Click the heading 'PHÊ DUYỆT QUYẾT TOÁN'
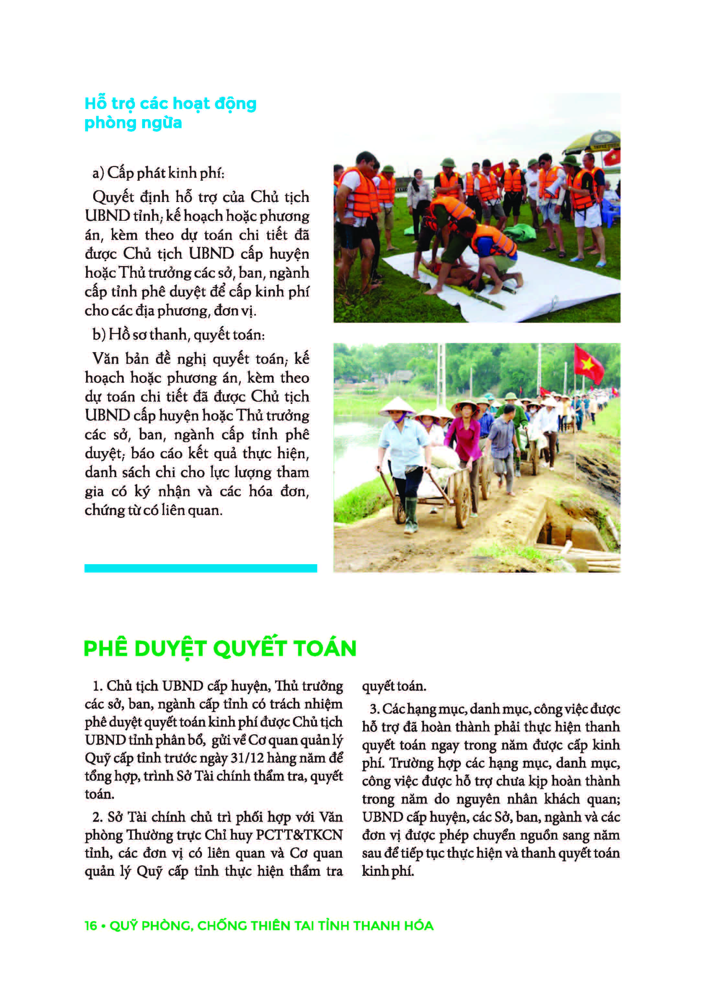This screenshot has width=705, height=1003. coord(220,648)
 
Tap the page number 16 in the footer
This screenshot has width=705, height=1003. coord(91,926)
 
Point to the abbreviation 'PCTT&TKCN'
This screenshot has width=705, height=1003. coord(299,835)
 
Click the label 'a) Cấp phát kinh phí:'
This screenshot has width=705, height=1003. coord(158,173)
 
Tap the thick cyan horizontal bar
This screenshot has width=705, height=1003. coord(200,568)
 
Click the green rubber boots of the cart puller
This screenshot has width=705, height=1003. coord(410,516)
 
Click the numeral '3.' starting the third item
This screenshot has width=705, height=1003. coord(374,709)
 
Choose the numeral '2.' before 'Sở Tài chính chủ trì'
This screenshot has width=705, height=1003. coord(97,817)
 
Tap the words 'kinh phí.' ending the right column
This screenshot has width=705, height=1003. coord(387,871)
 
